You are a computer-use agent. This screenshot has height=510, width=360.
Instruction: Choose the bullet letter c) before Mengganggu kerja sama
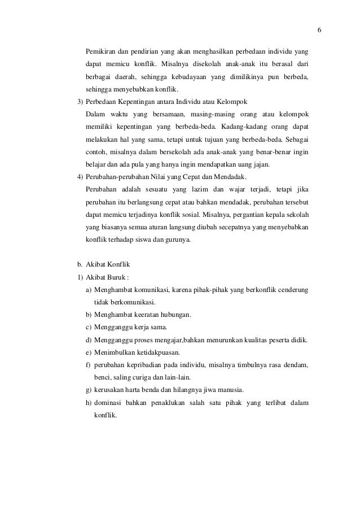click(89, 327)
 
